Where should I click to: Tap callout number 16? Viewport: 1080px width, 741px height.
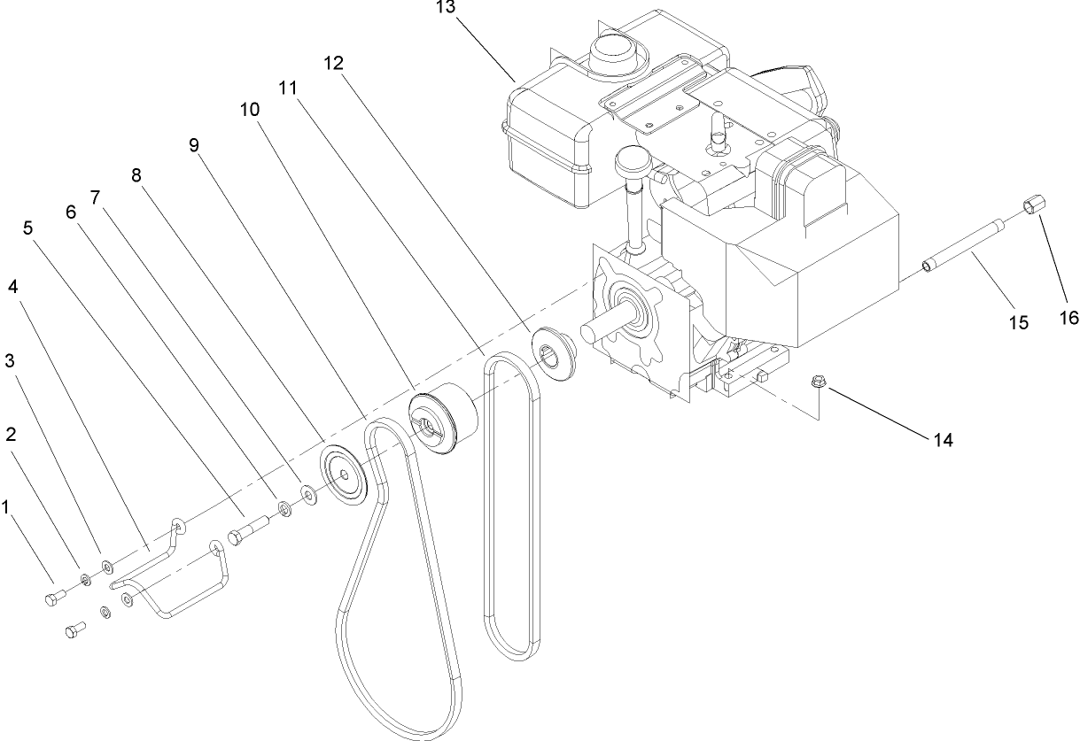pos(1070,316)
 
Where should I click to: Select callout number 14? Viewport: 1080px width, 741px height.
pos(943,438)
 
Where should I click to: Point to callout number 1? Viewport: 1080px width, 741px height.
pos(6,506)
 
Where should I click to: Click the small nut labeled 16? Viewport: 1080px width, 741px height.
pos(1029,208)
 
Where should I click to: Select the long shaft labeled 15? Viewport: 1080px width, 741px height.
pos(966,240)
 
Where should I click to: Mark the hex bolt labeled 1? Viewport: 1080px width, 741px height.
pos(51,599)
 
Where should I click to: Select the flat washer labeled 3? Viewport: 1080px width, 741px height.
pos(107,565)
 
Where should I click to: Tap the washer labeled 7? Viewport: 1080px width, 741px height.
pos(307,492)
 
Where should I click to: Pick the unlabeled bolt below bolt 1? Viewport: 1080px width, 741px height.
pos(74,630)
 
